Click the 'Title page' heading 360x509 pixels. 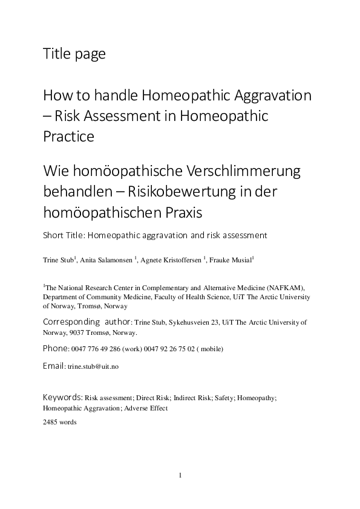point(74,54)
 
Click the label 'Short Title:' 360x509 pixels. point(64,235)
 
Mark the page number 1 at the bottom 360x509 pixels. point(180,475)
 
